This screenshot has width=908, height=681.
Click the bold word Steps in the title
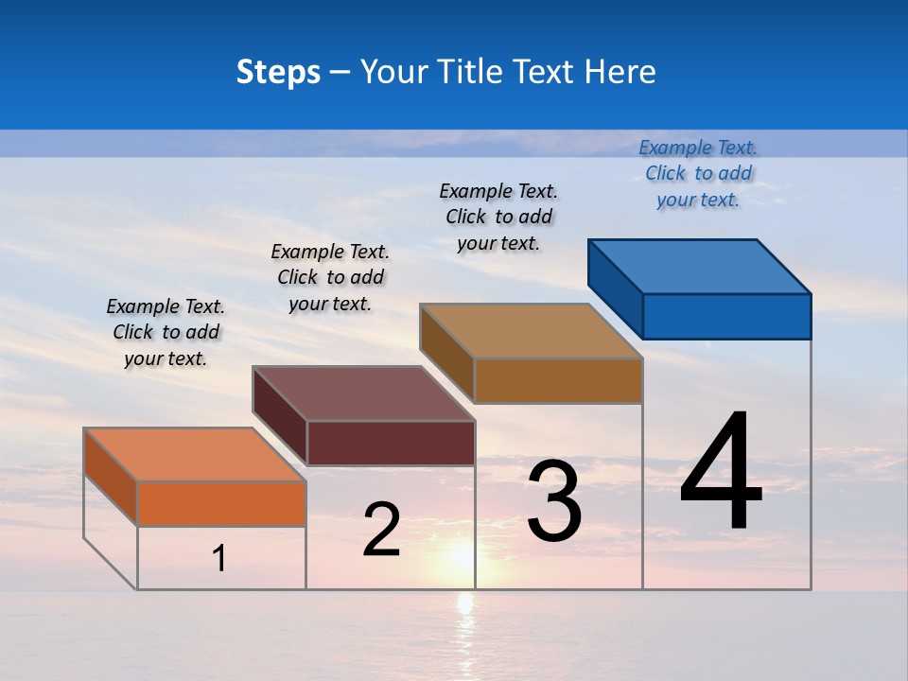coord(278,72)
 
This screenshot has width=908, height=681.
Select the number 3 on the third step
coord(554,501)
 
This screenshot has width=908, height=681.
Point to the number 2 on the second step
coord(381,530)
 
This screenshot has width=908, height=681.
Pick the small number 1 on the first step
coord(219,559)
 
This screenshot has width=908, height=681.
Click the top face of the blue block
coord(698,266)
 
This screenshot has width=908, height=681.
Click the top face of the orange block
coord(194,454)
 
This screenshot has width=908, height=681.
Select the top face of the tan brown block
coord(531,330)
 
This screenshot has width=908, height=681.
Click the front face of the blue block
coord(726,316)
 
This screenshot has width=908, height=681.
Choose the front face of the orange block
coord(221,503)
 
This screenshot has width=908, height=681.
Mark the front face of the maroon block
coord(391,443)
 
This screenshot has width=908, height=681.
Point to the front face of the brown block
coord(558,380)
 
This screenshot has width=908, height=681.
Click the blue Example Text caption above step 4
coord(698,173)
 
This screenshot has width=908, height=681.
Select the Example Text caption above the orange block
coord(166,332)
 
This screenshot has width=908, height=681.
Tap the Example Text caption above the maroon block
coord(330,277)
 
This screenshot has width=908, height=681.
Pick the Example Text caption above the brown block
coord(498,217)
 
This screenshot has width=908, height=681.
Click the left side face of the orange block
coord(111,477)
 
